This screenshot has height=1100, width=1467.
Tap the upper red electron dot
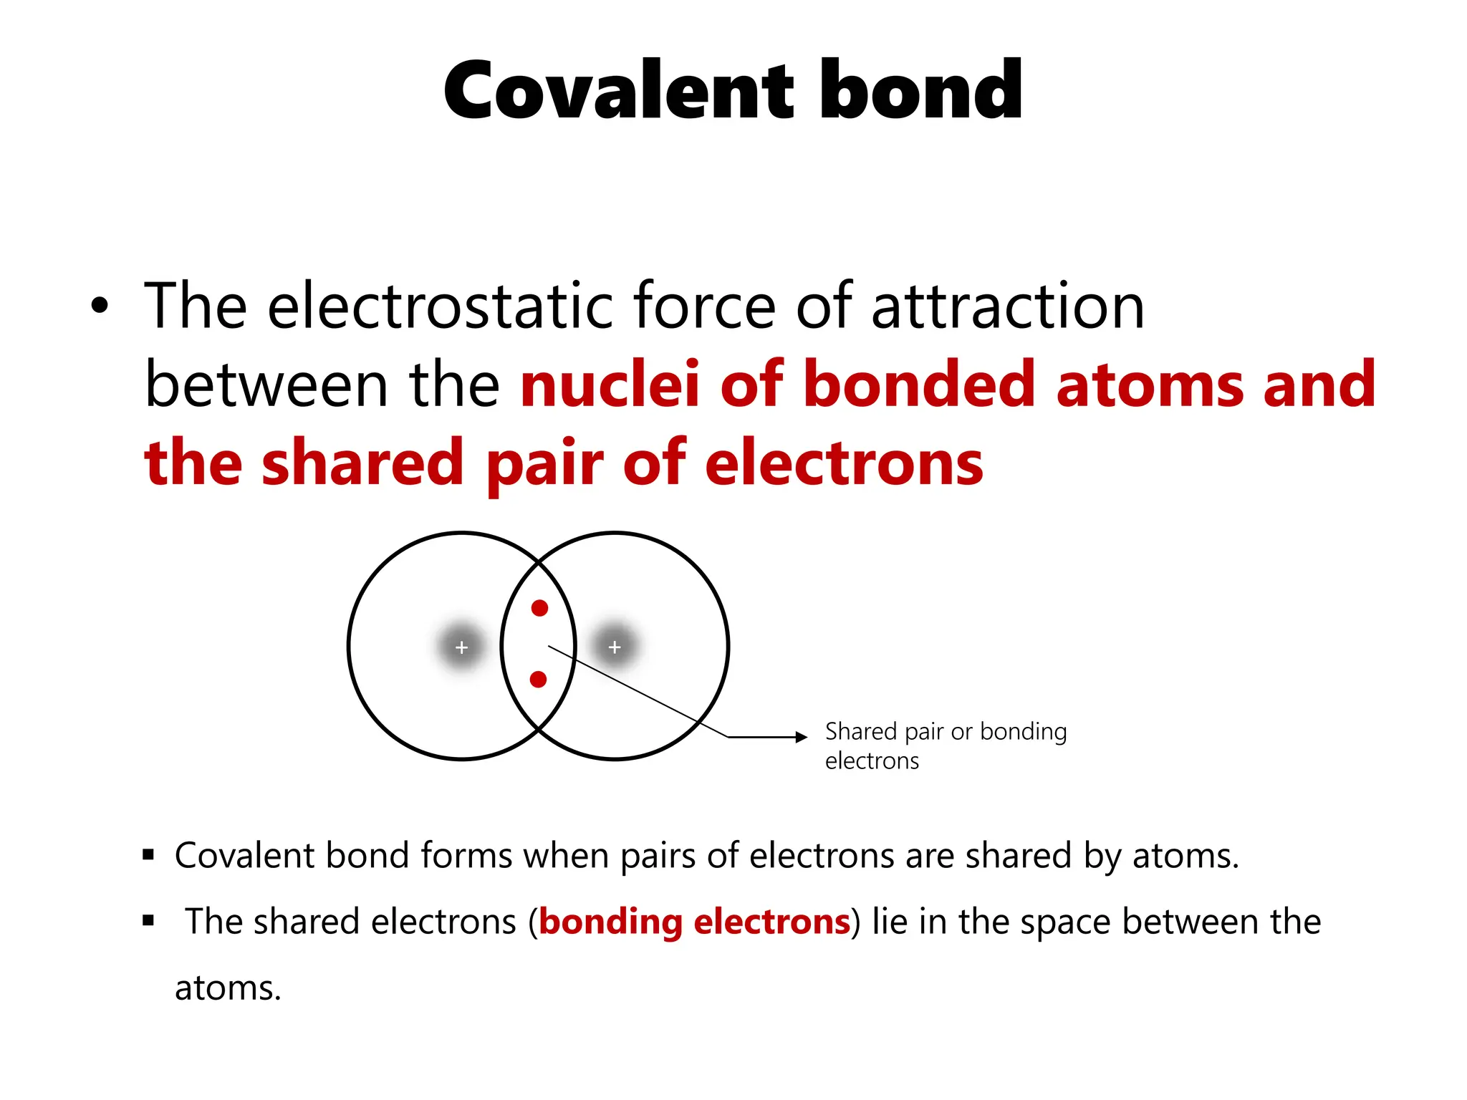tap(539, 608)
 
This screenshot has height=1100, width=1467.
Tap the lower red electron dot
tap(538, 679)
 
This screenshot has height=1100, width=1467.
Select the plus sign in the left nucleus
tap(461, 647)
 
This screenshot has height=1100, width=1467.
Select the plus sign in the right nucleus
tap(614, 647)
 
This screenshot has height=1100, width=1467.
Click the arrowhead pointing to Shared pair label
tap(802, 737)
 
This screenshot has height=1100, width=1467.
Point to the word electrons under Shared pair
tap(872, 761)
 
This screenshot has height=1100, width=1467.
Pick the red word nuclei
tap(610, 385)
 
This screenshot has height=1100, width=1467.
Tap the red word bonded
tap(919, 385)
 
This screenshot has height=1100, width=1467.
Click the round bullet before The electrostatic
tap(100, 307)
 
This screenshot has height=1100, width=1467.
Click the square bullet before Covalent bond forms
tap(148, 854)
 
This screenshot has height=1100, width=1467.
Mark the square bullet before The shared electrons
tap(148, 920)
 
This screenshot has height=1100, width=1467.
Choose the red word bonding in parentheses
tap(610, 922)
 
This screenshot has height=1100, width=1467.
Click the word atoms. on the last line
tap(228, 988)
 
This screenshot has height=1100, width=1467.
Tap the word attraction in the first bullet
tap(1008, 307)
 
